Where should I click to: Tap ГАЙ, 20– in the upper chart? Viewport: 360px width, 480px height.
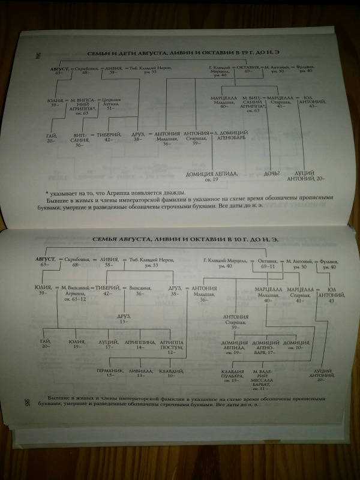click(52, 139)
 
